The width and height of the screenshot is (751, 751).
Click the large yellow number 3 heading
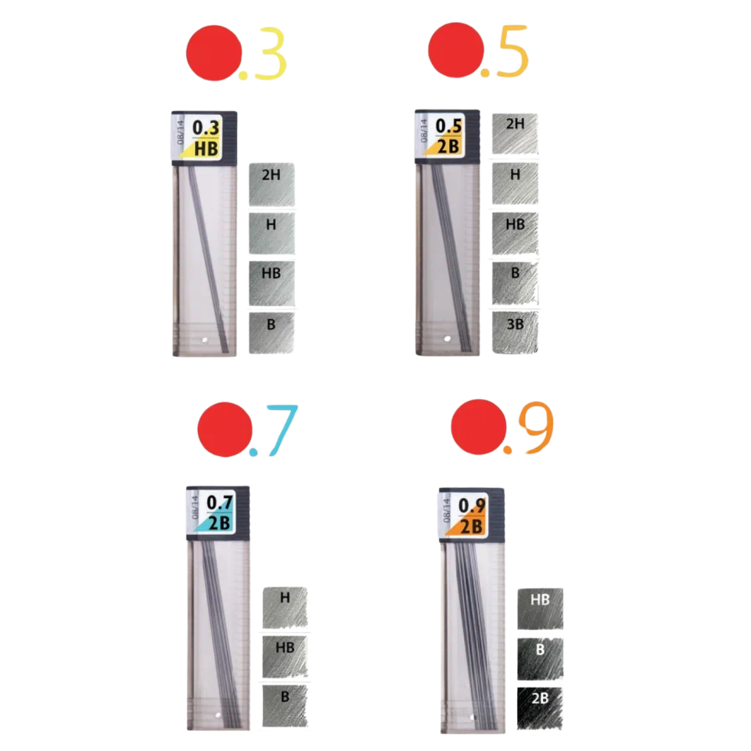tap(270, 53)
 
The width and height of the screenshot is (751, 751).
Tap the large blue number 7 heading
tap(282, 430)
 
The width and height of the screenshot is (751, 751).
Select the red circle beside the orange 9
tap(479, 427)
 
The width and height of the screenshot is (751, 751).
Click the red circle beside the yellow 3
tap(214, 52)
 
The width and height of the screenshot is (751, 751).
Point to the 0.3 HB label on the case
tap(200, 138)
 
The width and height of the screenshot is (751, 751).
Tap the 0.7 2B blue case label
tap(214, 512)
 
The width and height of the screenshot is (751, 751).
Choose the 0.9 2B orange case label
tap(466, 516)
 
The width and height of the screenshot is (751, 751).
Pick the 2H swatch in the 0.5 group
tap(515, 134)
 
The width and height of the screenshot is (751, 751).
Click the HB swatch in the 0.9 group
tap(541, 609)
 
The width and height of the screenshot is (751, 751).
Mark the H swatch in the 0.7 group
tap(285, 607)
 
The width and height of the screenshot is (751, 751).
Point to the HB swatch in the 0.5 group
tap(515, 233)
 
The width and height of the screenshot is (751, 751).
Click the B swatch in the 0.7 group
tap(285, 706)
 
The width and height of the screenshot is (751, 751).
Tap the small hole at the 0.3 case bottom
tap(205, 340)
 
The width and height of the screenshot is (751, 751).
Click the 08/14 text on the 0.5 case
tap(424, 131)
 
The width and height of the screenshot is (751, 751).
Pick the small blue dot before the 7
tap(253, 451)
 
